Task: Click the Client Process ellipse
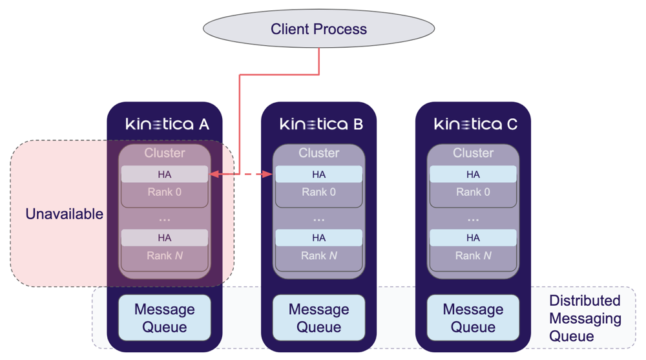pyautogui.click(x=318, y=29)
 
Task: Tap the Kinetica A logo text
pyautogui.click(x=167, y=123)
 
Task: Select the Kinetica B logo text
pyautogui.click(x=321, y=123)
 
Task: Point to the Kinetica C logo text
pyautogui.click(x=475, y=123)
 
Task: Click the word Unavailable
pyautogui.click(x=64, y=214)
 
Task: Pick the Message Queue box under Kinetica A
pyautogui.click(x=165, y=318)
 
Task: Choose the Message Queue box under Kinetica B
pyautogui.click(x=318, y=318)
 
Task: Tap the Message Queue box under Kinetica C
pyautogui.click(x=473, y=318)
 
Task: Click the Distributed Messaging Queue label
pyautogui.click(x=585, y=318)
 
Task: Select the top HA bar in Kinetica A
pyautogui.click(x=165, y=175)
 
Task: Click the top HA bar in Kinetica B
pyautogui.click(x=318, y=175)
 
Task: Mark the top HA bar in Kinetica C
pyautogui.click(x=473, y=175)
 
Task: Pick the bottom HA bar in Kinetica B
pyautogui.click(x=318, y=238)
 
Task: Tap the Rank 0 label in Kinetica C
pyautogui.click(x=473, y=192)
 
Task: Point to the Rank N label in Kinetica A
pyautogui.click(x=165, y=256)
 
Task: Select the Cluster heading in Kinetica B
pyautogui.click(x=318, y=153)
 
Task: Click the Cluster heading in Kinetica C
pyautogui.click(x=473, y=153)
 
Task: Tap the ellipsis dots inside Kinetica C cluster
pyautogui.click(x=473, y=220)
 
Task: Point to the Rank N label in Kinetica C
pyautogui.click(x=473, y=256)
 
